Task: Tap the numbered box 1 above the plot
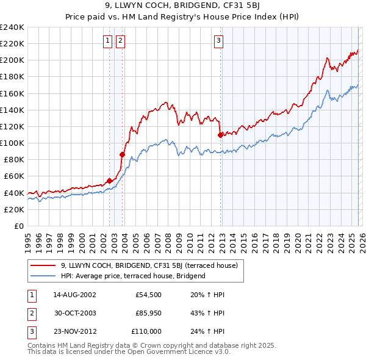(x=107, y=41)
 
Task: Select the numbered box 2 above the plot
(x=120, y=41)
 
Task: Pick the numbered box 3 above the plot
(x=218, y=41)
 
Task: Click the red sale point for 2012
(x=220, y=134)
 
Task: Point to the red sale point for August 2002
(x=110, y=181)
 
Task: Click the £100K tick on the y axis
(x=12, y=143)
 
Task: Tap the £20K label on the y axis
(x=14, y=209)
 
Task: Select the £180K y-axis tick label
(x=12, y=76)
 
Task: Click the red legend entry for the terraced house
(x=152, y=265)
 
